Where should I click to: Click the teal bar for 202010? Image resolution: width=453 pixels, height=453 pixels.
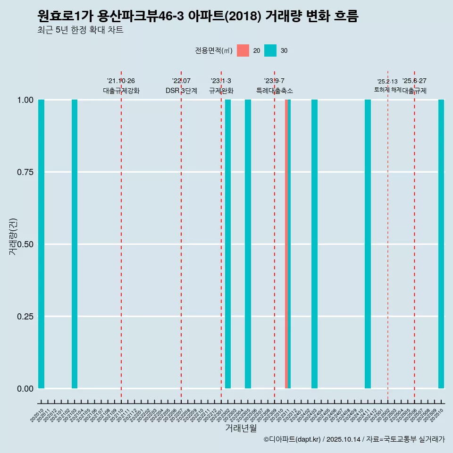42,244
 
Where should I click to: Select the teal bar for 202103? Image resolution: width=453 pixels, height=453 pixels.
75,244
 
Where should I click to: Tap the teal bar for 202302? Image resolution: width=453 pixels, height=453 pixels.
228,244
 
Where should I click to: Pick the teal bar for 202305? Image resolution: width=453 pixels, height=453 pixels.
248,244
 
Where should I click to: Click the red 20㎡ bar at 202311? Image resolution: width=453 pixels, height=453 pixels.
286,244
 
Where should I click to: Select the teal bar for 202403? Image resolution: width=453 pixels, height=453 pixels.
314,244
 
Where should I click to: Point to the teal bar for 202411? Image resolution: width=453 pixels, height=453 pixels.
368,244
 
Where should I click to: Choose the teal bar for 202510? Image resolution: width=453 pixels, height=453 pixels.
441,244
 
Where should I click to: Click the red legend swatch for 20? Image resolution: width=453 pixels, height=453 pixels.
243,50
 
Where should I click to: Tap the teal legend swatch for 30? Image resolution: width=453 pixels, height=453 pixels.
270,50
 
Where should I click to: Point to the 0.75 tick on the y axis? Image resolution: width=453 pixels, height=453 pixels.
24,172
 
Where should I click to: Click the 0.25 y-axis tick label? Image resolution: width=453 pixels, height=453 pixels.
24,317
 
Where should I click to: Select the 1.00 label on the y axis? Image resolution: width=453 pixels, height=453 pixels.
24,100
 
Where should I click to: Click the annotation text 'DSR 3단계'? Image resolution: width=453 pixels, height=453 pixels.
181,91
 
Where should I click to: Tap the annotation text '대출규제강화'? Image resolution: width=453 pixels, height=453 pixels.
121,91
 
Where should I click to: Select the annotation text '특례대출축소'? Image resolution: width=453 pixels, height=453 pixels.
275,91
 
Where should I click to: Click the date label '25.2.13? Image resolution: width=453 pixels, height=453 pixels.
387,82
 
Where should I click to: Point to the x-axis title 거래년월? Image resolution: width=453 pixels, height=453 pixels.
241,428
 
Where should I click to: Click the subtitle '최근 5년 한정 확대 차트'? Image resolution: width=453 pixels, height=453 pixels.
80,30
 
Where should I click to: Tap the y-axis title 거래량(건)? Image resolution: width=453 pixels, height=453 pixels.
13,236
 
